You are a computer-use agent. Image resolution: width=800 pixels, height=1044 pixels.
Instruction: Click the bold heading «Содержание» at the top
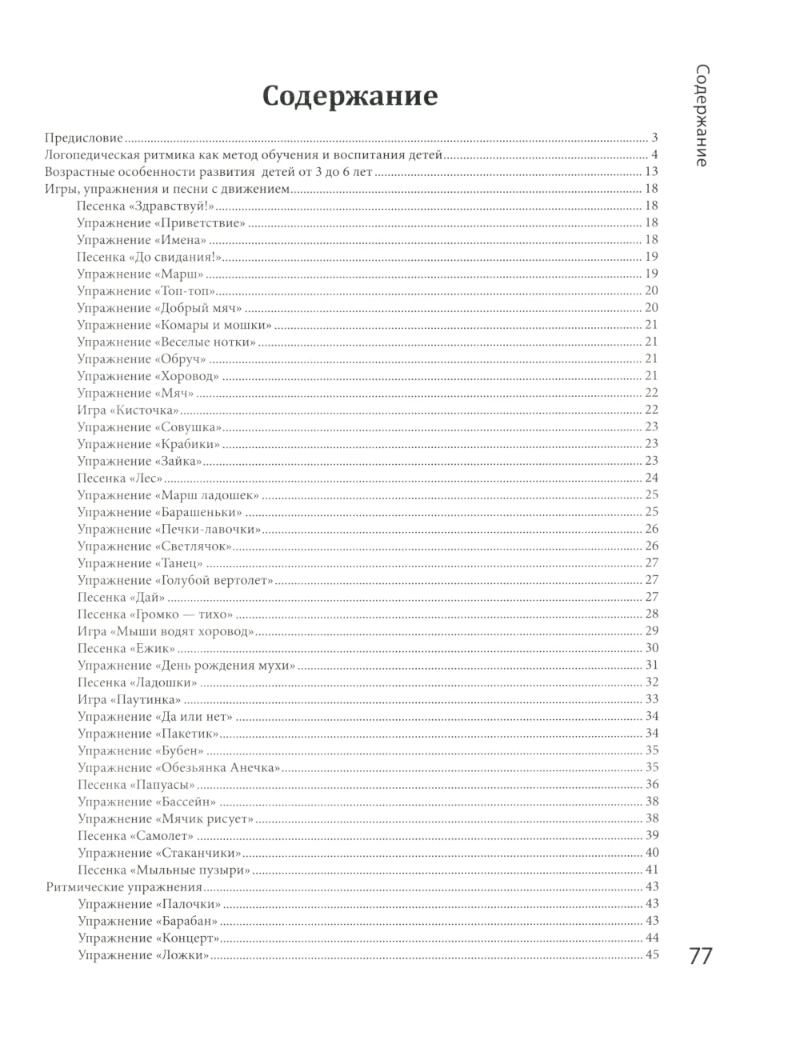point(350,96)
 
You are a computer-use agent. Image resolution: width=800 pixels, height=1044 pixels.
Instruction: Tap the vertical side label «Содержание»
point(700,115)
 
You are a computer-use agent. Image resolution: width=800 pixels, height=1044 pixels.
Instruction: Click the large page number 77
point(700,957)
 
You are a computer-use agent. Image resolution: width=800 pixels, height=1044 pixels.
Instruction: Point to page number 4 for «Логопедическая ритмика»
point(654,154)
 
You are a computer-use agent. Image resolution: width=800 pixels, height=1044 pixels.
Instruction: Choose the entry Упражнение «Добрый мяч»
point(159,308)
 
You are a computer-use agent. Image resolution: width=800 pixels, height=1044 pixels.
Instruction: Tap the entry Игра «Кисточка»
point(128,410)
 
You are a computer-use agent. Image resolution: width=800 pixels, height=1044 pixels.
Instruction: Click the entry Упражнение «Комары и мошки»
point(174,325)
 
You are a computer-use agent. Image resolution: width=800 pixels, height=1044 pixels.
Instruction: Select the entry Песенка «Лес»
point(120,478)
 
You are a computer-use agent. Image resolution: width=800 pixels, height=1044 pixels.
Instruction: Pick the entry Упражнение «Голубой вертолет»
point(175,580)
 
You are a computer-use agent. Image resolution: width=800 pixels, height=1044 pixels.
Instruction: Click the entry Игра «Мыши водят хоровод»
point(166,631)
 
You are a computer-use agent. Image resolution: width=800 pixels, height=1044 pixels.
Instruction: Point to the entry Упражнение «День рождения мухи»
point(186,665)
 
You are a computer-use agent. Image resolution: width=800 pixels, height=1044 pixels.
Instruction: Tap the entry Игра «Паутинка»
point(129,699)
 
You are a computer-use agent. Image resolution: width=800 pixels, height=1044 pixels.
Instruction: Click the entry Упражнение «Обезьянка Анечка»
point(179,767)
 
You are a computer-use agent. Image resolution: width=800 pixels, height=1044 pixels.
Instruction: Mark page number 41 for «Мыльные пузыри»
point(651,870)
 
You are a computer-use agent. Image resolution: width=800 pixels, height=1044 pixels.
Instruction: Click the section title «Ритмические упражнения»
point(123,886)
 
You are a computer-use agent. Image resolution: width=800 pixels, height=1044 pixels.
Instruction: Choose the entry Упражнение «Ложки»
point(144,954)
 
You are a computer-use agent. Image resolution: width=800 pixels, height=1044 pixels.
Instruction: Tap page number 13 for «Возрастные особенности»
point(651,172)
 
